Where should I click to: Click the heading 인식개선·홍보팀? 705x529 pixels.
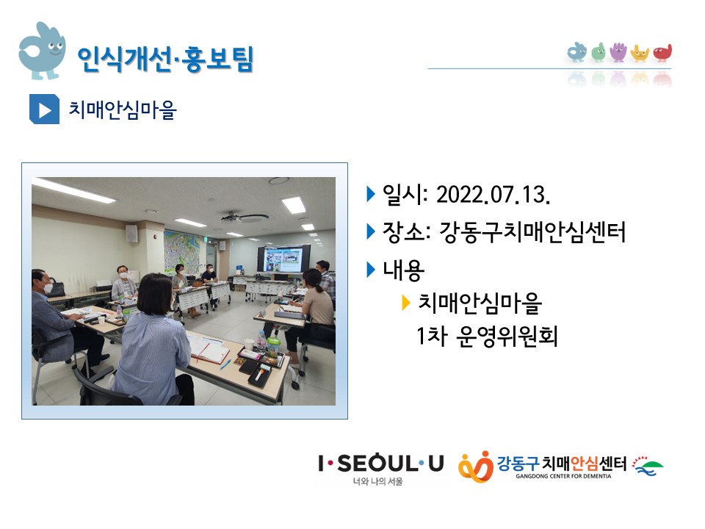(x=166, y=59)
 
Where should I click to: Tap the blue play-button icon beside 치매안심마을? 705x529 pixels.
(x=44, y=109)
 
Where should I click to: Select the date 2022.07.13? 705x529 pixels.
(x=493, y=195)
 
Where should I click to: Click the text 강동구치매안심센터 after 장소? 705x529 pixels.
(x=532, y=232)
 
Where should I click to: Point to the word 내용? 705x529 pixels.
(x=403, y=270)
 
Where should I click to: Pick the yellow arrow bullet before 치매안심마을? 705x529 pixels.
(x=405, y=303)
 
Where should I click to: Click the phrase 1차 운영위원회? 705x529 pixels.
(x=487, y=337)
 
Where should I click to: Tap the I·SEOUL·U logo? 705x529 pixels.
(x=381, y=469)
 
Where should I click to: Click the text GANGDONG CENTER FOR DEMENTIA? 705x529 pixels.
(x=563, y=476)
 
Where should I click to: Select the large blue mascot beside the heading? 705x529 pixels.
(x=41, y=51)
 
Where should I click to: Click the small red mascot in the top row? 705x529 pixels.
(x=662, y=53)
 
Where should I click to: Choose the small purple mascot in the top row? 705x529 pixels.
(x=618, y=52)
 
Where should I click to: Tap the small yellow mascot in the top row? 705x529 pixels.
(x=640, y=53)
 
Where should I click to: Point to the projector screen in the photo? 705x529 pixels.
(x=283, y=259)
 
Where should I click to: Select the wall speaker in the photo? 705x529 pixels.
(x=131, y=234)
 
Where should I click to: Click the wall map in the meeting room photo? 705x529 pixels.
(x=182, y=251)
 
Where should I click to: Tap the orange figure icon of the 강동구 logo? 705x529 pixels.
(x=476, y=467)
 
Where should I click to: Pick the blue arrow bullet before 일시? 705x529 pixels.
(x=371, y=195)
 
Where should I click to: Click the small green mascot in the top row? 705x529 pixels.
(x=598, y=53)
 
